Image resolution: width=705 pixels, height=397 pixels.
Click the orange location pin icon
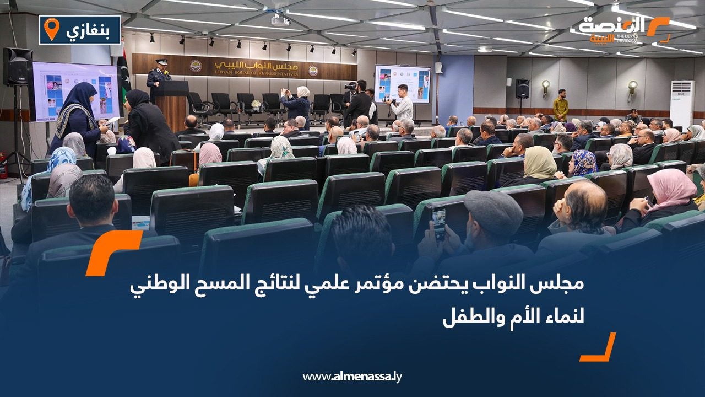click(51, 29)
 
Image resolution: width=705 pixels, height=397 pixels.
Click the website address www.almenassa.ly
click(352, 377)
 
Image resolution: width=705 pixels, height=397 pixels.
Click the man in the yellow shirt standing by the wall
click(561, 105)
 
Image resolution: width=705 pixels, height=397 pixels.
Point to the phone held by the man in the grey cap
click(439, 222)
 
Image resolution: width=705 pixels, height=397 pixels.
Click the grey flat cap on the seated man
click(493, 212)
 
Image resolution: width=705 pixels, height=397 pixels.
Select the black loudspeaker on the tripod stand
click(18, 67)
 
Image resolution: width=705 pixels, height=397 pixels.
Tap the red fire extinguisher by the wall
click(3, 165)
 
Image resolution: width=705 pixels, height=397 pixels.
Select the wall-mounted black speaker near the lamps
click(522, 88)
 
